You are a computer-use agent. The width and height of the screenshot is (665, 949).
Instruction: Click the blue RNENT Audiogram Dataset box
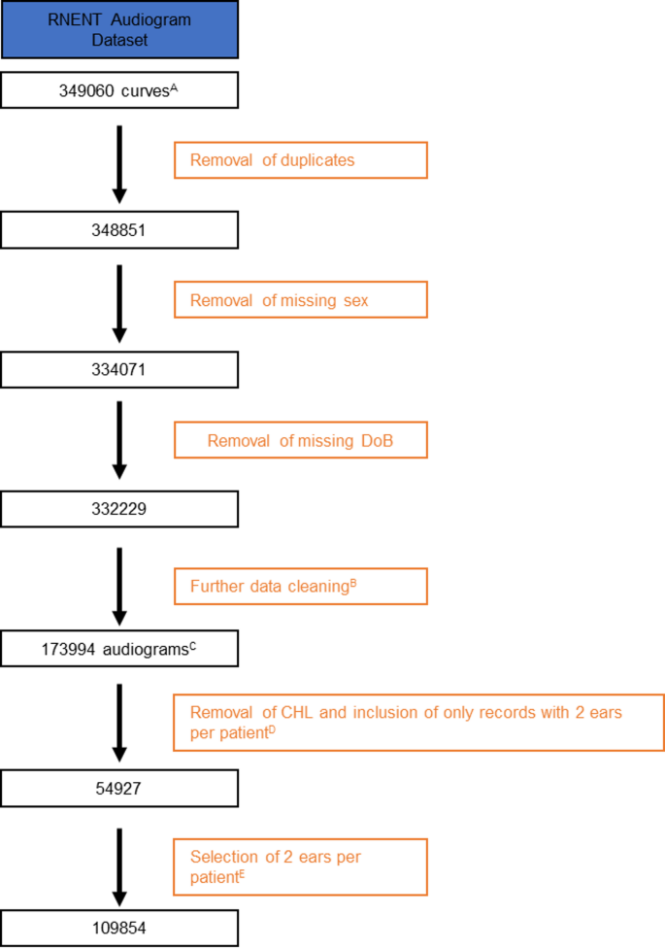pos(119,28)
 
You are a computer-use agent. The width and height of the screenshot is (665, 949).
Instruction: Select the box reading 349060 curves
pos(119,92)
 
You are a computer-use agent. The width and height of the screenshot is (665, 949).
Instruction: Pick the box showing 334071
pos(119,369)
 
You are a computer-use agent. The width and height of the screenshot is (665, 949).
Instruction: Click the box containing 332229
pos(119,508)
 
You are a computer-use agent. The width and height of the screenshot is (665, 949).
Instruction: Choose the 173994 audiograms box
pos(119,648)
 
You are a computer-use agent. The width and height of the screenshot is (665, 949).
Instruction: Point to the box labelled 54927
pos(119,788)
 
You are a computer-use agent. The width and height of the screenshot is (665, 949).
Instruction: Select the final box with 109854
pos(119,928)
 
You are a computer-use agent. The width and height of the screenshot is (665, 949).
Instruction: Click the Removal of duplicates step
pos(300,160)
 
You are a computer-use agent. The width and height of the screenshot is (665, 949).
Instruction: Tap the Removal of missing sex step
pos(300,300)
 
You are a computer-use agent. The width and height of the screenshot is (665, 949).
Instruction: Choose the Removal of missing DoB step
pos(300,440)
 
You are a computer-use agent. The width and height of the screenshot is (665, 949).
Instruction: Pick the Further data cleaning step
pos(300,586)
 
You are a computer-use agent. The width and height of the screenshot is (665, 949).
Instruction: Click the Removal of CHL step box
pos(418,723)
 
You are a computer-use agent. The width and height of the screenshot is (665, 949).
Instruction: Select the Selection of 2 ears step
pos(300,866)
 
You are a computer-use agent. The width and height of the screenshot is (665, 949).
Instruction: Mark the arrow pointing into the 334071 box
pos(119,302)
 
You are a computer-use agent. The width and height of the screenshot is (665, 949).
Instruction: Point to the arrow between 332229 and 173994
pos(119,586)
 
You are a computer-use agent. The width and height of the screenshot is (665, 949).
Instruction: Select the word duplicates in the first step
pos(317,160)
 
